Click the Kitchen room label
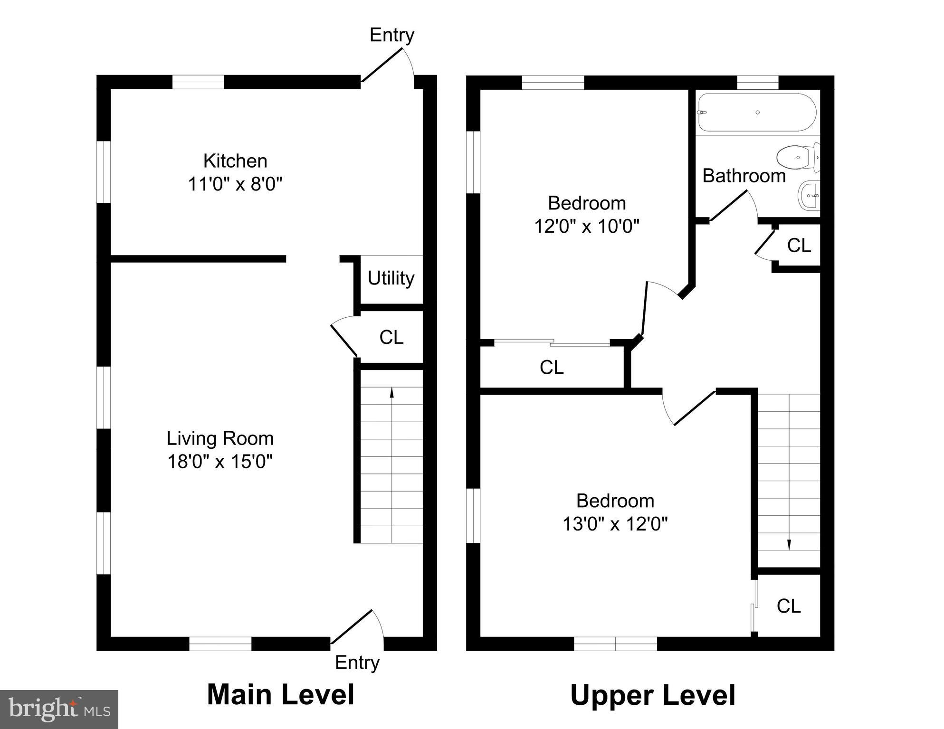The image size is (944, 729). coord(235,161)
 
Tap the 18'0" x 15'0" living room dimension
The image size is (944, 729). coord(220,462)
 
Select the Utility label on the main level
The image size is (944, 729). coord(391,278)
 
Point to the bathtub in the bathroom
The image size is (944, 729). coord(757,113)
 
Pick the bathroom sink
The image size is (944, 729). coord(810,196)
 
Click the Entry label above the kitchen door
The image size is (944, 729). coord(391,35)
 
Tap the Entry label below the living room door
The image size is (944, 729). coord(357,663)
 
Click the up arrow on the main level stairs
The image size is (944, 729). coord(391,392)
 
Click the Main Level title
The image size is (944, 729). coord(280,694)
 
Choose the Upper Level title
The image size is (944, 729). coord(652,695)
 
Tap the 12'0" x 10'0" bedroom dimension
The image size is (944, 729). coord(587,227)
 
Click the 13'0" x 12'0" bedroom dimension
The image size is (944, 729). coord(615,524)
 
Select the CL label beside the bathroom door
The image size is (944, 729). coord(799,246)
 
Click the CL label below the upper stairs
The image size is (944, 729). coord(789,606)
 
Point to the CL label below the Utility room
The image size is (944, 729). coord(391,337)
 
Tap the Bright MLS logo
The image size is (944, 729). coord(59,709)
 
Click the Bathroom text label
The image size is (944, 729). coord(744,176)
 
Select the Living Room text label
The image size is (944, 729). coord(220,438)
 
